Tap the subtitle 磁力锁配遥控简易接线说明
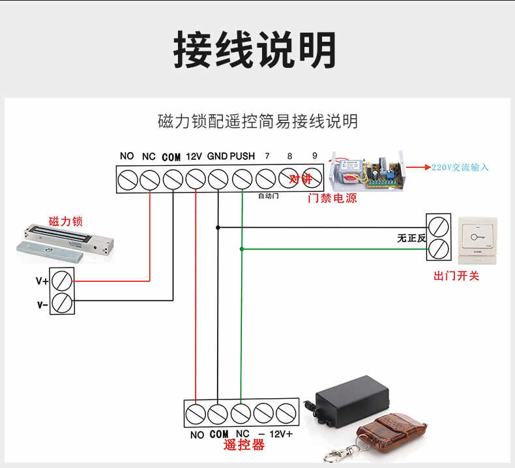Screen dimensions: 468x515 pyautogui.click(x=257, y=121)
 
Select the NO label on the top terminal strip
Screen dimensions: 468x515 pyautogui.click(x=127, y=157)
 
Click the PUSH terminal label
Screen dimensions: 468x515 pyautogui.click(x=242, y=157)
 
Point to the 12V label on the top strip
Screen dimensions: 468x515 pyautogui.click(x=194, y=157)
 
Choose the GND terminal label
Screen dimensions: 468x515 pyautogui.click(x=217, y=157)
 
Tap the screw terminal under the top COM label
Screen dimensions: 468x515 pyautogui.click(x=172, y=178)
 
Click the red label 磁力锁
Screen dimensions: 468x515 pyautogui.click(x=66, y=222)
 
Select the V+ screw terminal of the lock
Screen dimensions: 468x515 pyautogui.click(x=63, y=281)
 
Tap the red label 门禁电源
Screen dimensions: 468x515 pyautogui.click(x=332, y=198)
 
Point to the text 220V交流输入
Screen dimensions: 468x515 pyautogui.click(x=460, y=168)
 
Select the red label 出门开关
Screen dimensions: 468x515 pyautogui.click(x=456, y=276)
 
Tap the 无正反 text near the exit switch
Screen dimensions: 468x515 pyautogui.click(x=411, y=238)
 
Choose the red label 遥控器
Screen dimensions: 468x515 pyautogui.click(x=244, y=445)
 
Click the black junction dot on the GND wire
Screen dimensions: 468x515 pyautogui.click(x=218, y=227)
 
